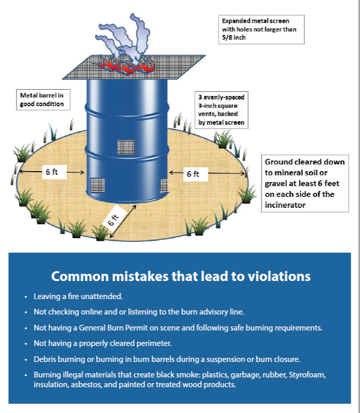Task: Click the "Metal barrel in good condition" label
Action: pyautogui.click(x=42, y=100)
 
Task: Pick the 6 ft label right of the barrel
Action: pyautogui.click(x=193, y=174)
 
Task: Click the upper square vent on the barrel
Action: pyautogui.click(x=126, y=147)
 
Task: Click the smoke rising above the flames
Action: pyautogui.click(x=128, y=36)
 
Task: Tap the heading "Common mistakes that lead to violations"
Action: pyautogui.click(x=181, y=276)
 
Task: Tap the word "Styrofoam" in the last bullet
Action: pyautogui.click(x=304, y=374)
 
